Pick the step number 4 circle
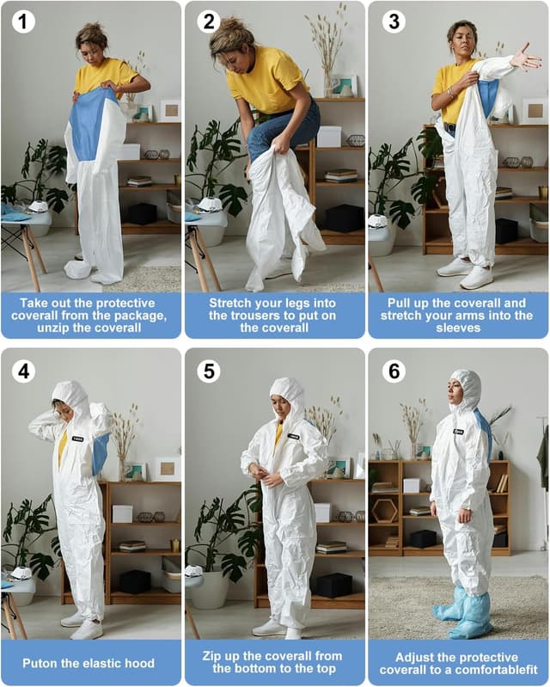point(23,371)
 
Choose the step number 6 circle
point(393,371)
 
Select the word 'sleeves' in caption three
point(458,328)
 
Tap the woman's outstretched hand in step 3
point(526,58)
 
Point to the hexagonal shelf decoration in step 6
point(385,511)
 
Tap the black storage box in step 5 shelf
point(333,585)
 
